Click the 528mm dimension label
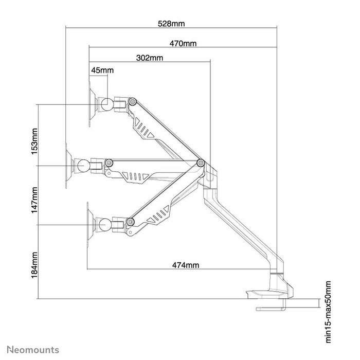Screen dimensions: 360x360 tap(171, 24)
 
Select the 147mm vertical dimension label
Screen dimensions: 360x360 tap(34, 200)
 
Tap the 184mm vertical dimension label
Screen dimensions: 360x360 tap(34, 262)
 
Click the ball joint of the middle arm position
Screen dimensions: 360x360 tap(82, 166)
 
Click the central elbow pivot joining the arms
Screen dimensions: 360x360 tap(201, 164)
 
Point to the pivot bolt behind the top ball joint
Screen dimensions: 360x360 tap(133, 102)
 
